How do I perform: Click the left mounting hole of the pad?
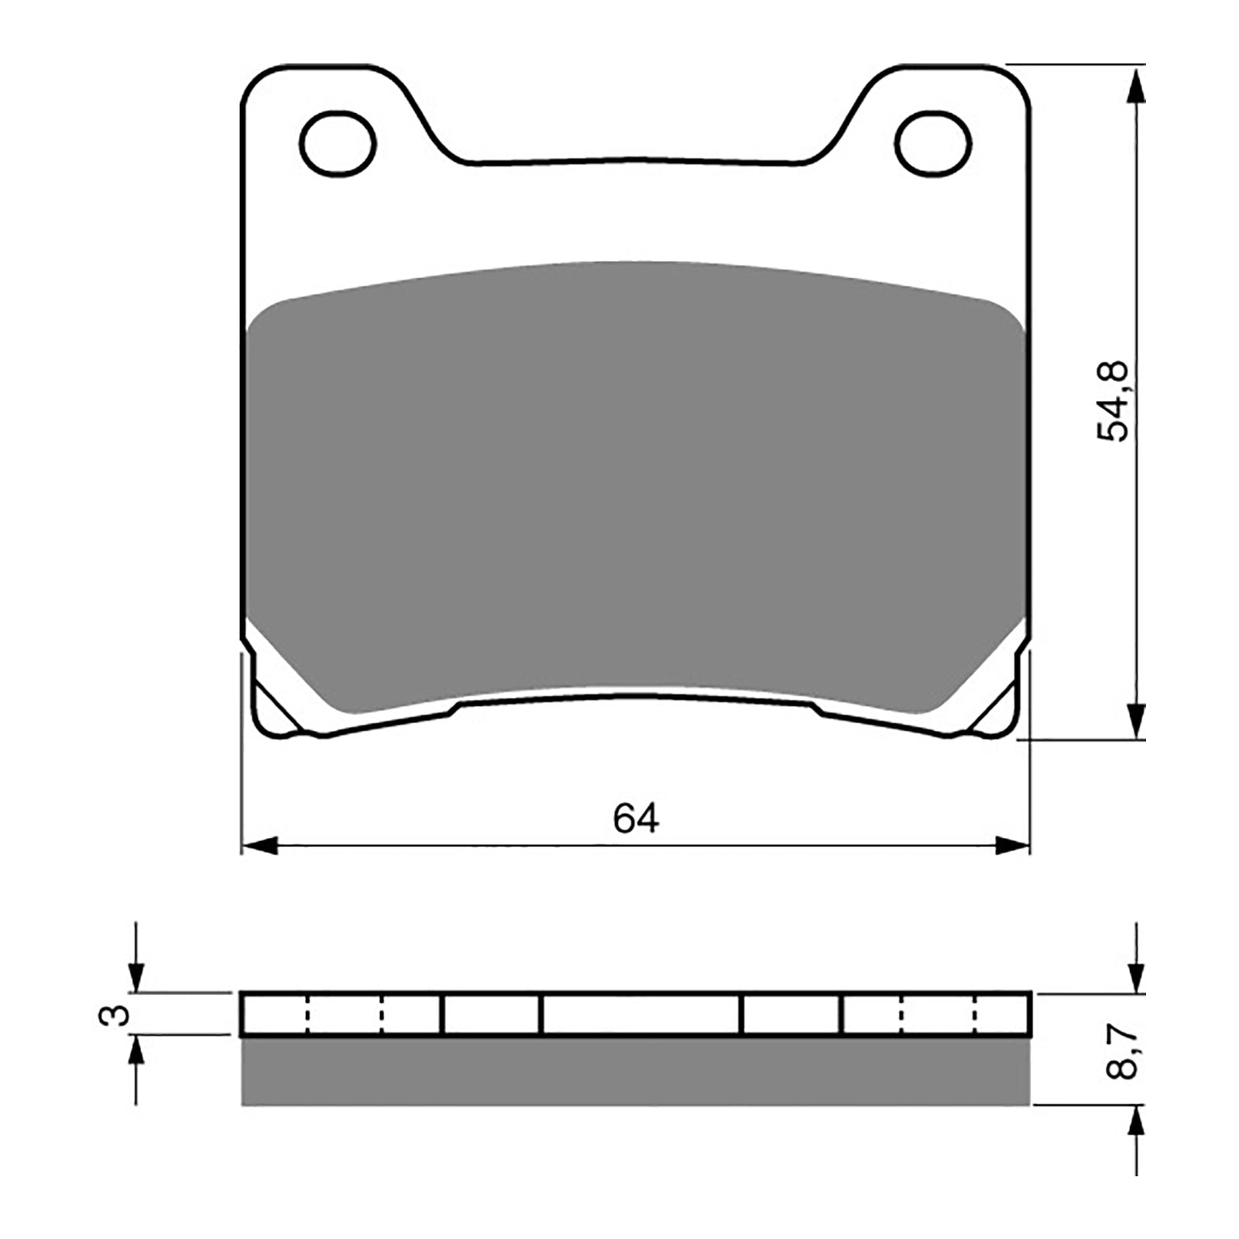click(338, 143)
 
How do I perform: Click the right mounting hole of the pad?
click(932, 143)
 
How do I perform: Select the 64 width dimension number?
click(636, 819)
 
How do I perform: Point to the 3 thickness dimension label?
click(115, 1014)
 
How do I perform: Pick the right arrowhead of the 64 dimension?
click(1013, 846)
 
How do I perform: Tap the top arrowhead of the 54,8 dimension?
click(1135, 85)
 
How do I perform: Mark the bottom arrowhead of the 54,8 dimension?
click(1135, 720)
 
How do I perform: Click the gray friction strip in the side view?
click(636, 1072)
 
